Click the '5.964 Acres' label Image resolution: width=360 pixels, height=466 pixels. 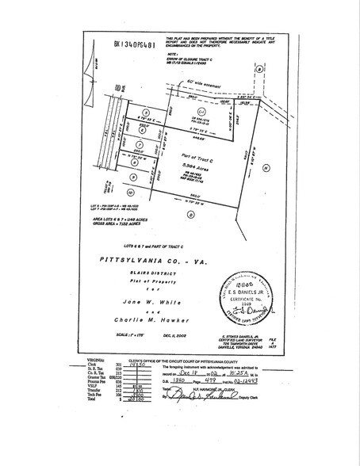[x=190, y=165]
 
